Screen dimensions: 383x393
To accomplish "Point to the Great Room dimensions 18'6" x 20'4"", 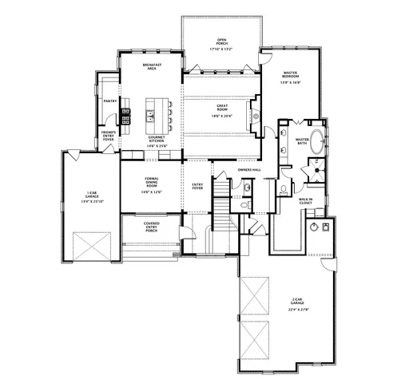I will coord(221,116).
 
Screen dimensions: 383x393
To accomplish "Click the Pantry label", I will coord(110,101).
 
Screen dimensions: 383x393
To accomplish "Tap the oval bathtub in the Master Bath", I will coord(317,143).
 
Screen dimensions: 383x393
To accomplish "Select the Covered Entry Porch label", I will coord(151,227).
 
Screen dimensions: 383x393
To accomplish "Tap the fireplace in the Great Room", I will coord(256,113).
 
